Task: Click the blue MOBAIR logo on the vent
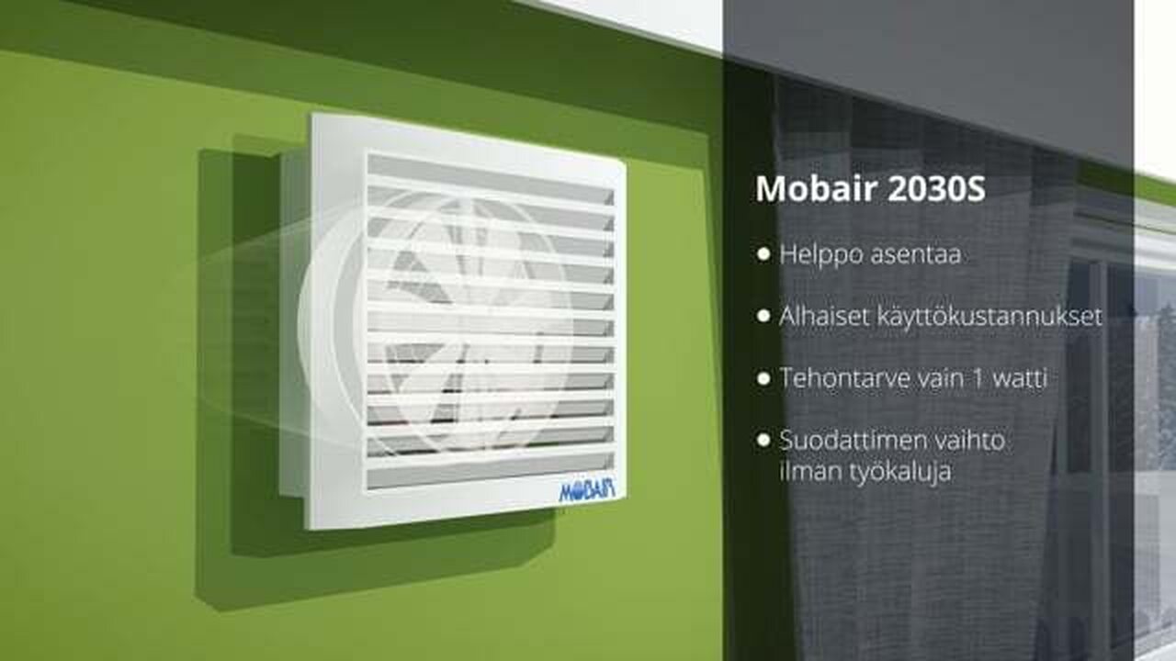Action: click(x=586, y=490)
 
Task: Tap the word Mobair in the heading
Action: click(x=817, y=188)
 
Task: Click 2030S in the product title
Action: click(x=936, y=189)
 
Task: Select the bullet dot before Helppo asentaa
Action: click(x=763, y=254)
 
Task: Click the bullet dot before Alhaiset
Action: click(x=763, y=317)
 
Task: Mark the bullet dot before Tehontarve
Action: click(x=763, y=378)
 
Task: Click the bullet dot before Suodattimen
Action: click(x=763, y=440)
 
